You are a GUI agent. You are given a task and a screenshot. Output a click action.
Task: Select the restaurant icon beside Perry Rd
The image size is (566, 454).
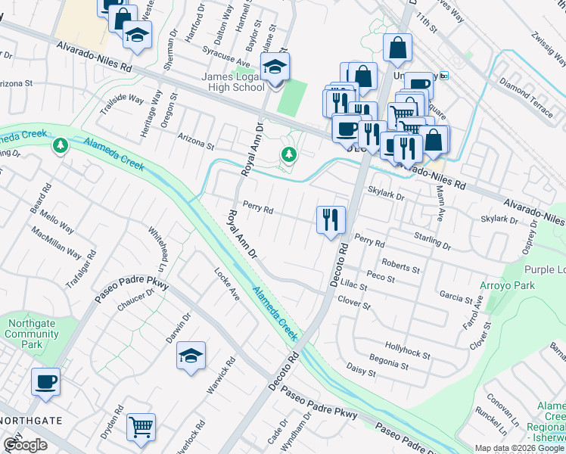(x=331, y=220)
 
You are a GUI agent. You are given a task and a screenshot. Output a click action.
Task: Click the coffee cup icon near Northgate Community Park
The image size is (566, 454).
(x=45, y=381)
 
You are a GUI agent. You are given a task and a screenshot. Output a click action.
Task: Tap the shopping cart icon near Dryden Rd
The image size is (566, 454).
(x=141, y=428)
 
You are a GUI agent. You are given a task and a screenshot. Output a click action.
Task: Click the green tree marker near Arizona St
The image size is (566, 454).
(x=288, y=155)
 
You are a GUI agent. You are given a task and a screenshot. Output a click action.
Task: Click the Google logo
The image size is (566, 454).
(x=25, y=445)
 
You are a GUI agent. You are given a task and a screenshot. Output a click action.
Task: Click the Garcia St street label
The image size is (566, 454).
(x=456, y=297)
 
